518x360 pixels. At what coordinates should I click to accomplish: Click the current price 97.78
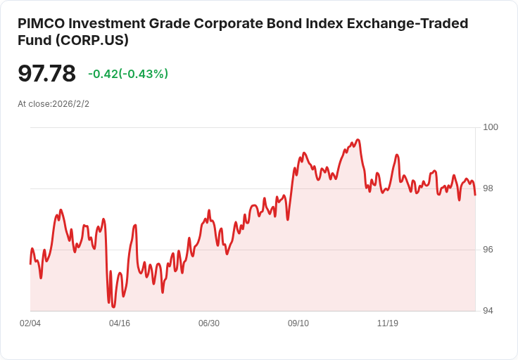46,73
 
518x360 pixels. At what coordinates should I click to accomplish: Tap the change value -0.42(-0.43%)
128,74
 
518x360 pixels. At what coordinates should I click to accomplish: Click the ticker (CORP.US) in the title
91,40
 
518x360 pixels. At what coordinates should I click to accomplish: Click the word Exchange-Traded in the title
408,24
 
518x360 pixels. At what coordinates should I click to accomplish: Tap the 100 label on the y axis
491,127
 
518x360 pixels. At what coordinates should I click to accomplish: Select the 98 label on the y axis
488,188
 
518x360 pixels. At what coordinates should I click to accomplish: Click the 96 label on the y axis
488,250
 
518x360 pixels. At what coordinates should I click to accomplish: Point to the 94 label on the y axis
488,311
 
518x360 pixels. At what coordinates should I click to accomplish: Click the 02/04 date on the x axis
30,323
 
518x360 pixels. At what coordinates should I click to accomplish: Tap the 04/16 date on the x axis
120,323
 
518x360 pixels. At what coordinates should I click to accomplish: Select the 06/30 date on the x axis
209,323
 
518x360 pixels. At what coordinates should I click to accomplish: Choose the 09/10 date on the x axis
298,323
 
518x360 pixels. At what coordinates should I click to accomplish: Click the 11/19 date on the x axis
388,323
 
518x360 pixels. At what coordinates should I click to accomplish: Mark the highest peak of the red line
358,140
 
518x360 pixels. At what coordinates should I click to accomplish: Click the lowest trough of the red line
113,307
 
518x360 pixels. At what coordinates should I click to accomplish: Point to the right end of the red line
475,195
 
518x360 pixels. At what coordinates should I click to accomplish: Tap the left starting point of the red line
30,264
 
